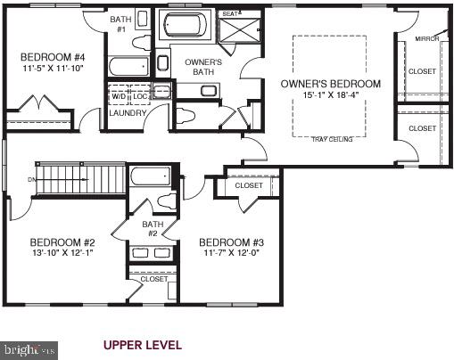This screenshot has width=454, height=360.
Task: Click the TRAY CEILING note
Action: click(331, 140)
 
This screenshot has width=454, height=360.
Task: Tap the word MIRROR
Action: click(426, 38)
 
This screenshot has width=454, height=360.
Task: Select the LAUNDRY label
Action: click(127, 113)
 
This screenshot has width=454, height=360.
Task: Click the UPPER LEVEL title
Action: click(143, 344)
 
